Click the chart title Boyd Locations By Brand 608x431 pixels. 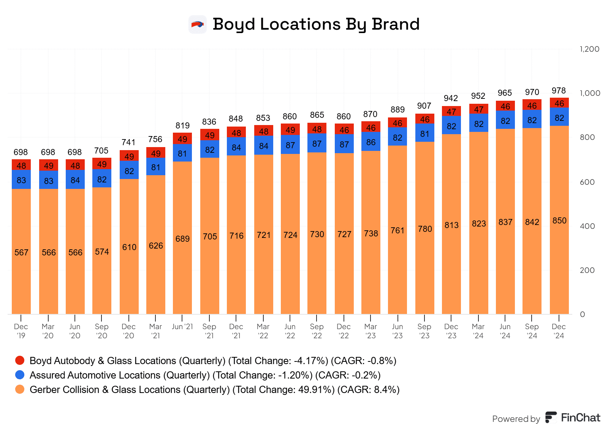316,24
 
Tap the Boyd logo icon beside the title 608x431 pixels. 198,25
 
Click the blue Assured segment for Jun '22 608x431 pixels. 290,145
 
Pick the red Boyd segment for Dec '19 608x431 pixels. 21,165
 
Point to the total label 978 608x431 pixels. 559,91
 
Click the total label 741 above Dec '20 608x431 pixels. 128,143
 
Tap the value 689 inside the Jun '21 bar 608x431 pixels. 182,239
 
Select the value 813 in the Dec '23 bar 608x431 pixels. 451,225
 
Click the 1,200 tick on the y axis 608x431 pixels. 589,49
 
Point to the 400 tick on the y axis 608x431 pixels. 587,226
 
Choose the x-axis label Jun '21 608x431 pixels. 182,327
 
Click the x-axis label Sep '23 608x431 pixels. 424,331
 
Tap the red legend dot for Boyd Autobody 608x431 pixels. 20,360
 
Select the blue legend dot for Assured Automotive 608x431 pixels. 20,375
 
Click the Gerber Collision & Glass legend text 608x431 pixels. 214,390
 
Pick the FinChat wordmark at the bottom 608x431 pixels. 580,418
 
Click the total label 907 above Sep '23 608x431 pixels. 424,106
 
